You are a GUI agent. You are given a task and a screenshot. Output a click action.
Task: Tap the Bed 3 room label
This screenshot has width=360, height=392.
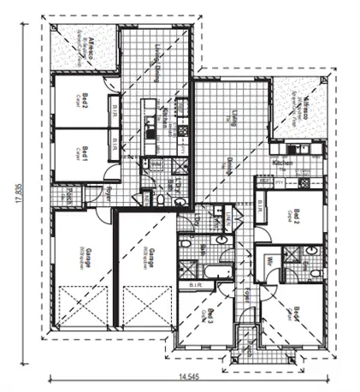tap(209, 314)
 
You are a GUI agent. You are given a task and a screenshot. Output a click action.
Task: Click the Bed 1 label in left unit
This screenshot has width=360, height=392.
tap(86, 154)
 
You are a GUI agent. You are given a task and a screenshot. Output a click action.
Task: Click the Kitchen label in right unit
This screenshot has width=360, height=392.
tap(283, 163)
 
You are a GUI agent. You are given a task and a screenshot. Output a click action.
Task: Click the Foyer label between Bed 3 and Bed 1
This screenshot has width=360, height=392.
tap(243, 300)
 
